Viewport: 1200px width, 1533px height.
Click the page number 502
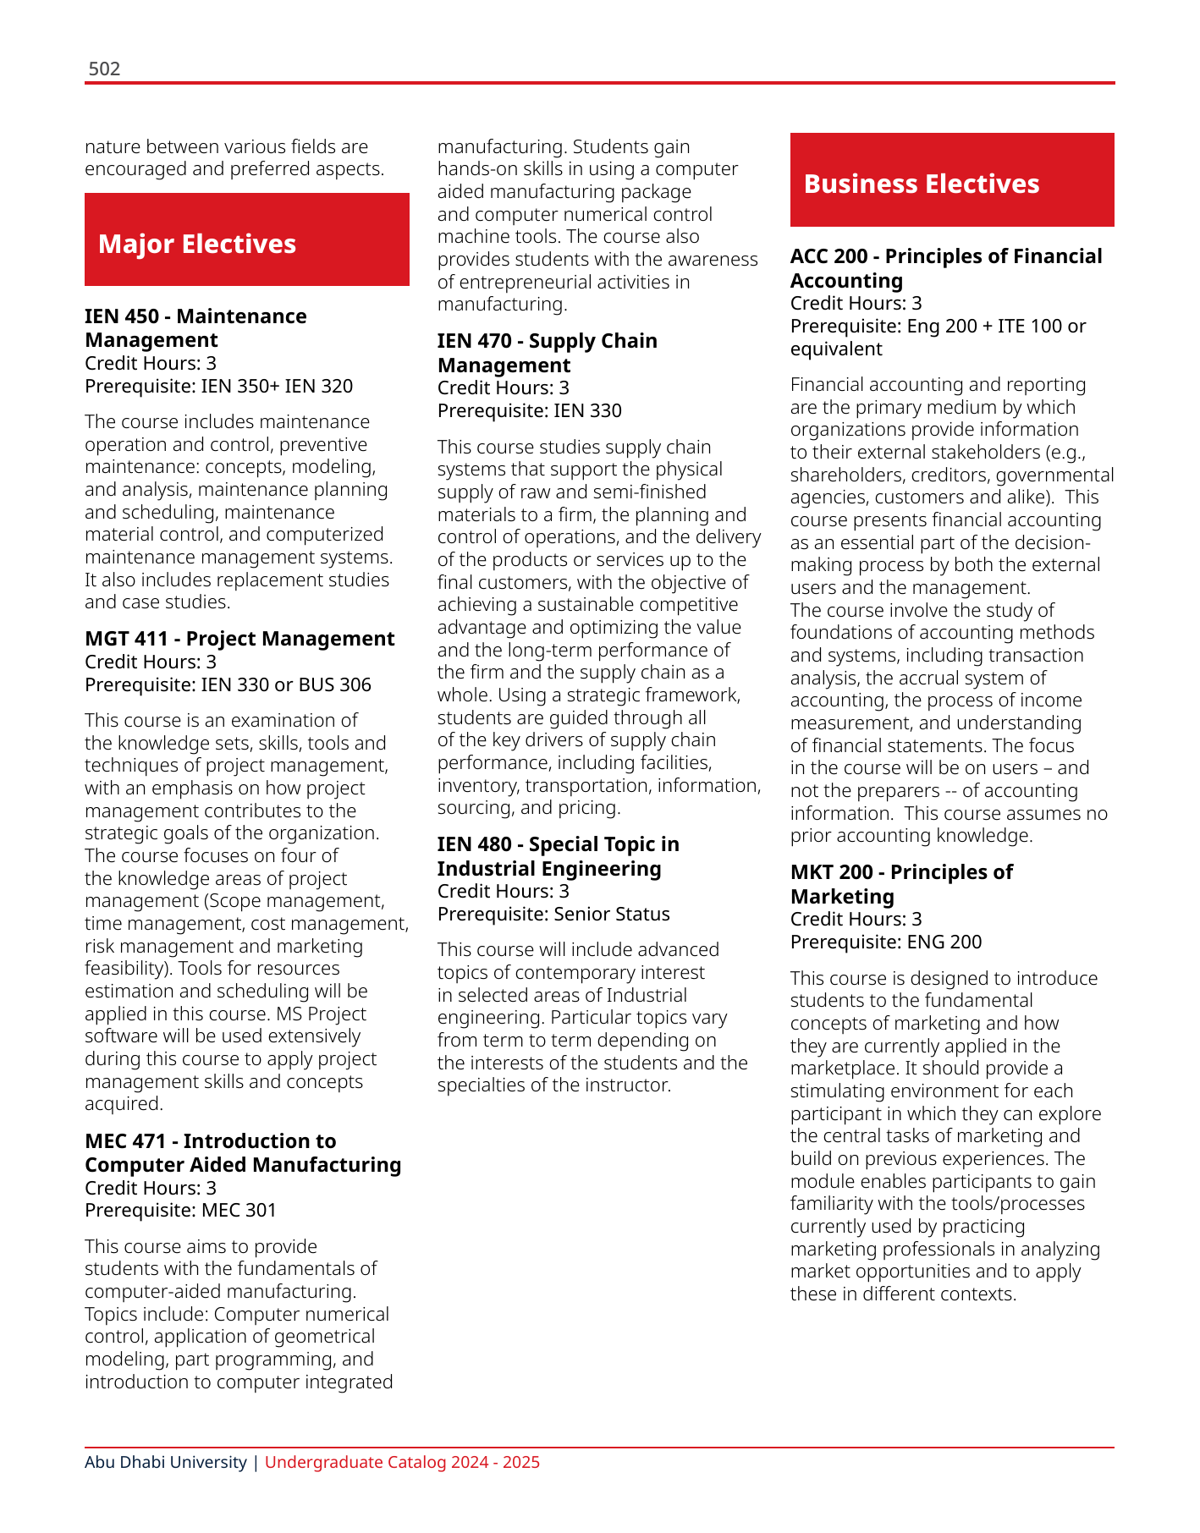coord(104,69)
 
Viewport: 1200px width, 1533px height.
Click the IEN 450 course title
coord(195,328)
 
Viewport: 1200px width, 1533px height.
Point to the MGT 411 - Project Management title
coord(239,639)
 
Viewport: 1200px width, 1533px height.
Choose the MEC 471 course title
coord(243,1153)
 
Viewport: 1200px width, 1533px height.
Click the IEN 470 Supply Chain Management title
coord(547,353)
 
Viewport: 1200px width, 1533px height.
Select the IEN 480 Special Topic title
coord(558,856)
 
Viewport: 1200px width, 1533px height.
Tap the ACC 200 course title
coord(946,268)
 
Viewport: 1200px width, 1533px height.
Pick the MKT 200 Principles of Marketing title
coord(901,884)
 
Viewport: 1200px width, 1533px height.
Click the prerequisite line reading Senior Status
coord(553,915)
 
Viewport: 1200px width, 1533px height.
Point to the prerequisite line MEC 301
coord(180,1211)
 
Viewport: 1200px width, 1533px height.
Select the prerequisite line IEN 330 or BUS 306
coord(228,684)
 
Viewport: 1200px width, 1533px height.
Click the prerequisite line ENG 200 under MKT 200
coord(886,942)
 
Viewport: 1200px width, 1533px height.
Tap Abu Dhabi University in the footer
coord(166,1462)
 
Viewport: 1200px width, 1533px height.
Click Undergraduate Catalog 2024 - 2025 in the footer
coord(402,1462)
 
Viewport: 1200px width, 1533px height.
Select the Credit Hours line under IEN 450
coord(151,364)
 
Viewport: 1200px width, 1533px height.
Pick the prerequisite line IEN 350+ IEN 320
coord(218,387)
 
